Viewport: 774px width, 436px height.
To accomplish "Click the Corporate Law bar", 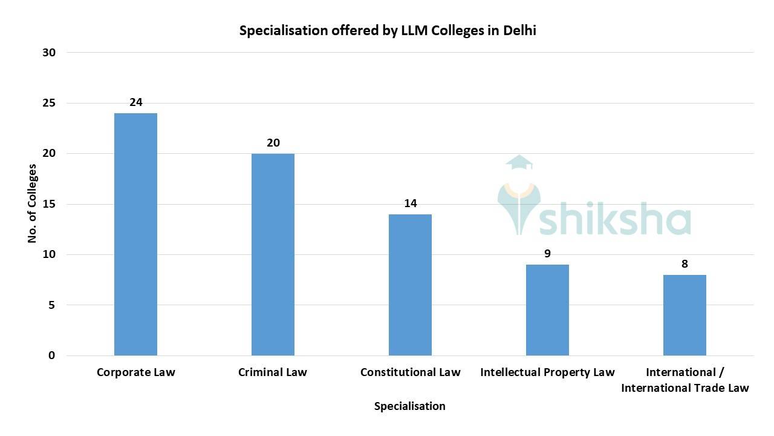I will (x=135, y=234).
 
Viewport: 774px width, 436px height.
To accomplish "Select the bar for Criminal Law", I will (x=273, y=254).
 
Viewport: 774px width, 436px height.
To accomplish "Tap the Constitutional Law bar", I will (x=410, y=285).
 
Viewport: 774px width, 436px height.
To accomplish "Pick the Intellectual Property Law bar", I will (x=547, y=310).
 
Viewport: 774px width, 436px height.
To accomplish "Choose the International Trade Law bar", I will (x=685, y=315).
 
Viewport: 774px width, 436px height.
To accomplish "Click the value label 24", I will (x=136, y=102).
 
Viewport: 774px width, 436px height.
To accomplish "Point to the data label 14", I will (x=411, y=203).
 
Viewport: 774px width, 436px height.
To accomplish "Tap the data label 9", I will (x=547, y=254).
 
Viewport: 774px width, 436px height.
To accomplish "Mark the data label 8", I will (x=685, y=264).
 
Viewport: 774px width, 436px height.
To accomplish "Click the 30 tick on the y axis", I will (x=49, y=53).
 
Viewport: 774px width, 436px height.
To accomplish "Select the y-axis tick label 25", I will (x=49, y=103).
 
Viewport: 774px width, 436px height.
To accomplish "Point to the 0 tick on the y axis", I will (x=52, y=355).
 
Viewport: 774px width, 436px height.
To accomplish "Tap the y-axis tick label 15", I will (x=49, y=204).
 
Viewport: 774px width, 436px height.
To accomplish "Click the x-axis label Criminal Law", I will (x=273, y=372).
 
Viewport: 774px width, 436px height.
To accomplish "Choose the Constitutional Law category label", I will (x=410, y=372).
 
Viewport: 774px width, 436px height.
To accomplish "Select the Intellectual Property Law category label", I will (x=547, y=372).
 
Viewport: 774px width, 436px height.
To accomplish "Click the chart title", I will (x=388, y=31).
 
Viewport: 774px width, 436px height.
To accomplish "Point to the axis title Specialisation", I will (x=409, y=406).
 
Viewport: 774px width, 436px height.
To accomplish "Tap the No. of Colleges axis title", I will (x=33, y=204).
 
